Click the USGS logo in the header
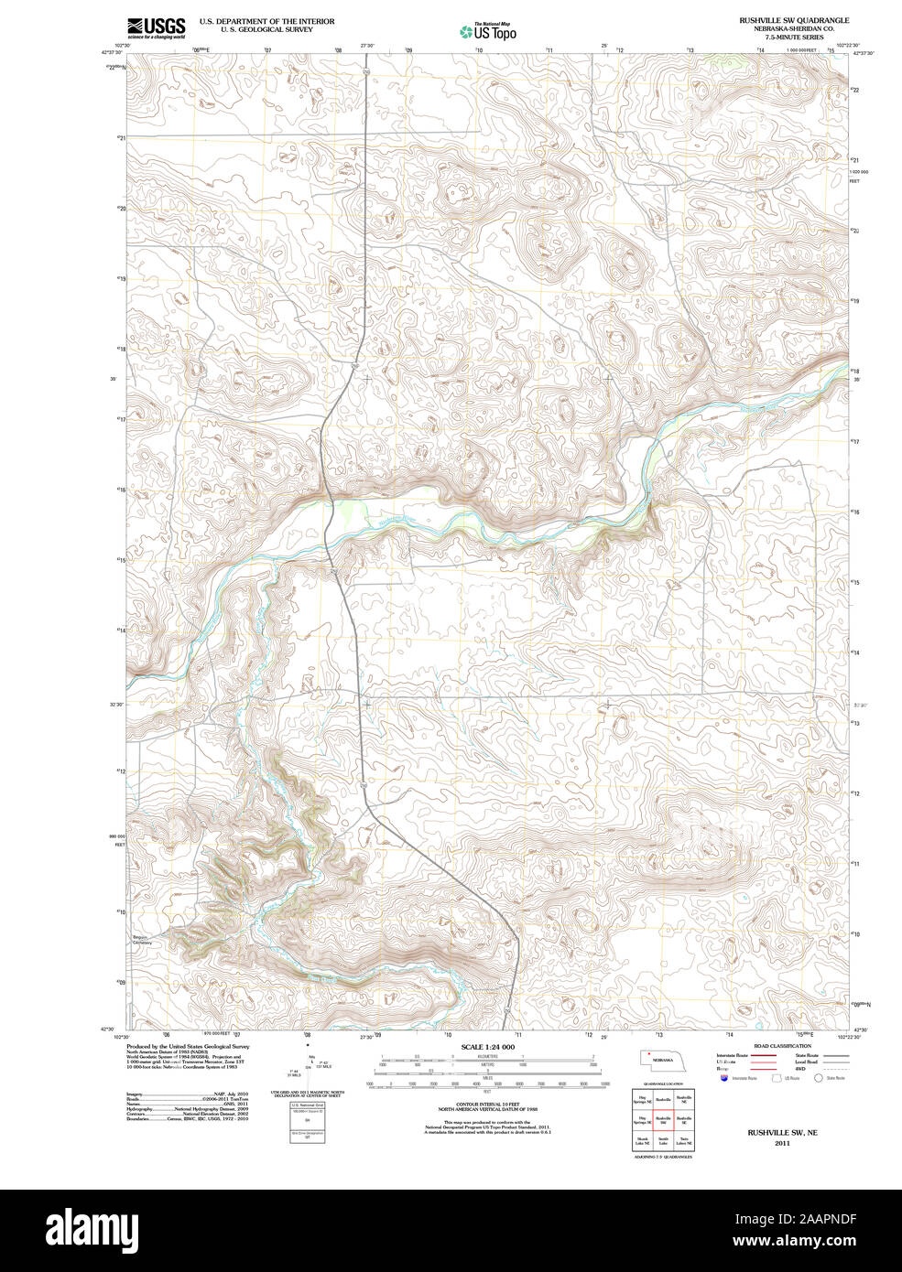coord(156,27)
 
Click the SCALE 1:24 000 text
coord(487,1047)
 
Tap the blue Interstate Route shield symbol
coord(724,1079)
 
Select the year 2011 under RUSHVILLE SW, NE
coord(782,1143)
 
